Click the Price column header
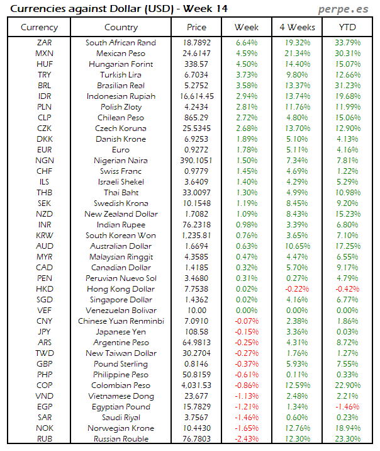pos(196,27)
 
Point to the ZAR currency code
pos(45,43)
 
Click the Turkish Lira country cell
pos(121,75)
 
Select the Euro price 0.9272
pos(196,150)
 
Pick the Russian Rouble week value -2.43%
pos(246,439)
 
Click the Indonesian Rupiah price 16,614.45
pos(196,96)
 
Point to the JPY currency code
pos(45,332)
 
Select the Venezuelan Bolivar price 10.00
pos(196,311)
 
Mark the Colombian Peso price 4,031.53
pos(196,385)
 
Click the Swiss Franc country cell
pos(121,171)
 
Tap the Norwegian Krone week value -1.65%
pos(246,428)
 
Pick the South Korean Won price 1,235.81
pos(196,236)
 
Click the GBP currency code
pos(45,364)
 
